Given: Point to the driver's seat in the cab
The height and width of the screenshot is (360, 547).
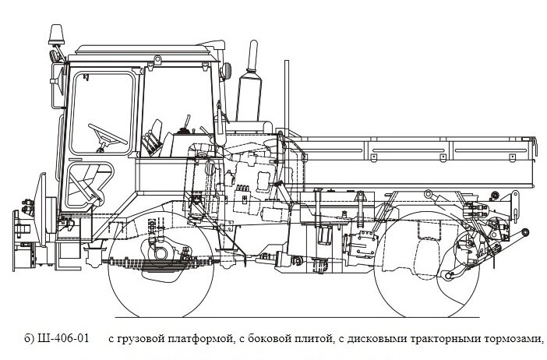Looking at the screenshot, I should pos(155,141).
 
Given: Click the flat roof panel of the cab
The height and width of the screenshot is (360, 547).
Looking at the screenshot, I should pos(140,51).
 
